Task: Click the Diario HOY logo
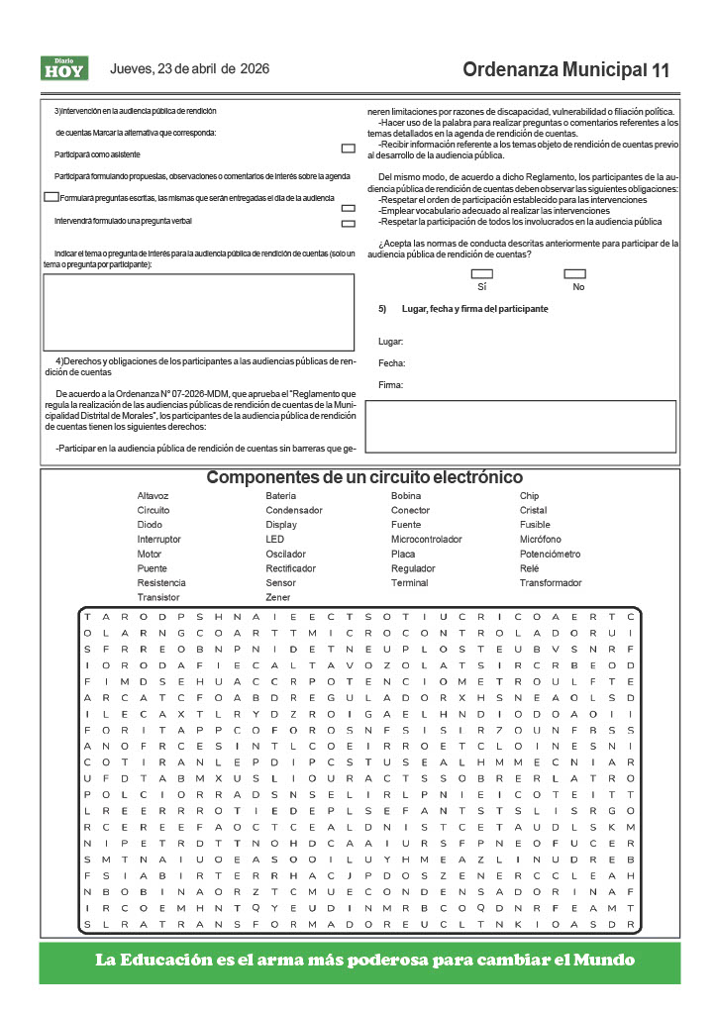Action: click(x=64, y=68)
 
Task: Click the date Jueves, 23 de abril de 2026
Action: click(x=189, y=69)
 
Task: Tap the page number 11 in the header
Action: click(x=661, y=70)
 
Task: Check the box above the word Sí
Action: click(x=482, y=273)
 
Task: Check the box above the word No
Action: click(x=574, y=273)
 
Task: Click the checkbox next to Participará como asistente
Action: click(x=348, y=149)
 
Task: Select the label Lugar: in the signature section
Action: click(x=391, y=342)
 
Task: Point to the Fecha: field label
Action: click(x=392, y=363)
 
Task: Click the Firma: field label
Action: click(x=391, y=385)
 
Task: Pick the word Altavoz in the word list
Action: click(x=153, y=496)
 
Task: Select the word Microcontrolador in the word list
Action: click(x=426, y=540)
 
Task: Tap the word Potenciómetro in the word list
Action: click(x=550, y=555)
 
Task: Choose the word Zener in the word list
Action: click(x=278, y=598)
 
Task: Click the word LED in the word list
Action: click(x=274, y=540)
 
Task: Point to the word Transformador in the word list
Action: click(x=551, y=583)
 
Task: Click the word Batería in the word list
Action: click(x=280, y=496)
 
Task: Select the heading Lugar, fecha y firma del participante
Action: click(x=474, y=309)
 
